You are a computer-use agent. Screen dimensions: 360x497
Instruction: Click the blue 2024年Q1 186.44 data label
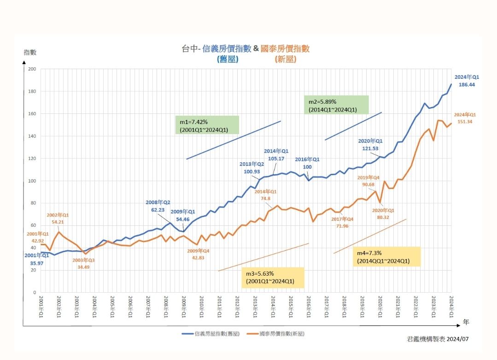pyautogui.click(x=467, y=81)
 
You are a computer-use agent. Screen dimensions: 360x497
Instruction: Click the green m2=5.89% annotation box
pyautogui.click(x=336, y=105)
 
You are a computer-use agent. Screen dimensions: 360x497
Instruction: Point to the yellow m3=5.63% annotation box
pyautogui.click(x=273, y=277)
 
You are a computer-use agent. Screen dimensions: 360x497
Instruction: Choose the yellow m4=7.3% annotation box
pyautogui.click(x=387, y=257)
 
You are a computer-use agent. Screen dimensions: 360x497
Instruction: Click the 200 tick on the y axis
pyautogui.click(x=32, y=69)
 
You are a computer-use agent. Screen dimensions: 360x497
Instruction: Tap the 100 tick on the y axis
pyautogui.click(x=32, y=181)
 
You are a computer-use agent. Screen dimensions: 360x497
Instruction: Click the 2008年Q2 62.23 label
pyautogui.click(x=158, y=206)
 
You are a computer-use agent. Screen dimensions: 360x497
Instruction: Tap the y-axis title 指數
pyautogui.click(x=30, y=52)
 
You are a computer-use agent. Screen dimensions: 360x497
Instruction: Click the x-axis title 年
pyautogui.click(x=466, y=322)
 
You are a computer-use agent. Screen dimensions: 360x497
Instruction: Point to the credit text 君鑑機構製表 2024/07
pyautogui.click(x=438, y=339)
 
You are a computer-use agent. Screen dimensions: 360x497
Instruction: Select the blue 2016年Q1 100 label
pyautogui.click(x=307, y=163)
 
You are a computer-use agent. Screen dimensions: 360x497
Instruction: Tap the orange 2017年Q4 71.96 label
pyautogui.click(x=342, y=223)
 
